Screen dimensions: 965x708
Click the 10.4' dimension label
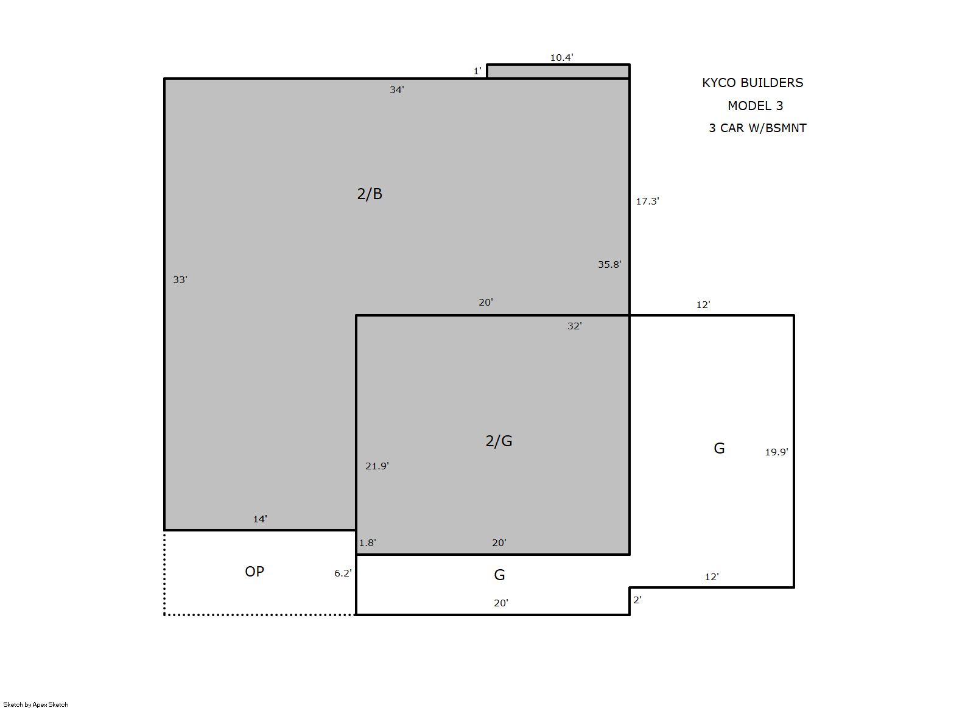click(x=561, y=58)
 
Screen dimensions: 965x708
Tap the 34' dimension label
click(x=397, y=89)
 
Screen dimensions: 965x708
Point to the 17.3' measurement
click(x=648, y=201)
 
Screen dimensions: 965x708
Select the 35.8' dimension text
click(x=609, y=264)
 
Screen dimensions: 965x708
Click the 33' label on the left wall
click(x=180, y=280)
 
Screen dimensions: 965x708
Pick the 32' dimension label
click(x=575, y=326)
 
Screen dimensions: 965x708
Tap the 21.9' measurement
click(x=377, y=466)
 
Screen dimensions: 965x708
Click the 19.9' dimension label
click(x=777, y=452)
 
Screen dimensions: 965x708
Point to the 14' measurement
click(x=260, y=519)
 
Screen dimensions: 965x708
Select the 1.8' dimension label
click(x=368, y=542)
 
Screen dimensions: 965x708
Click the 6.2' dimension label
click(x=343, y=573)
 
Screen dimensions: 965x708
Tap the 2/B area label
click(x=370, y=194)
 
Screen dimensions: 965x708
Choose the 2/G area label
click(x=499, y=441)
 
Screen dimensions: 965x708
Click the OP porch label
click(x=254, y=572)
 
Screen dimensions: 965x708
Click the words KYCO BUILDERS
click(x=753, y=83)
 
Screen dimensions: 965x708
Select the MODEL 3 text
click(x=755, y=105)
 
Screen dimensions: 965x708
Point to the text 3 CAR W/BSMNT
click(x=758, y=128)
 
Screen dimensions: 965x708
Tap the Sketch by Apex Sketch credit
click(x=36, y=704)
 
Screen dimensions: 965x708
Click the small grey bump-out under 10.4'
click(x=558, y=71)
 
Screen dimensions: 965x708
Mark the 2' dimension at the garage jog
click(x=637, y=600)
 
